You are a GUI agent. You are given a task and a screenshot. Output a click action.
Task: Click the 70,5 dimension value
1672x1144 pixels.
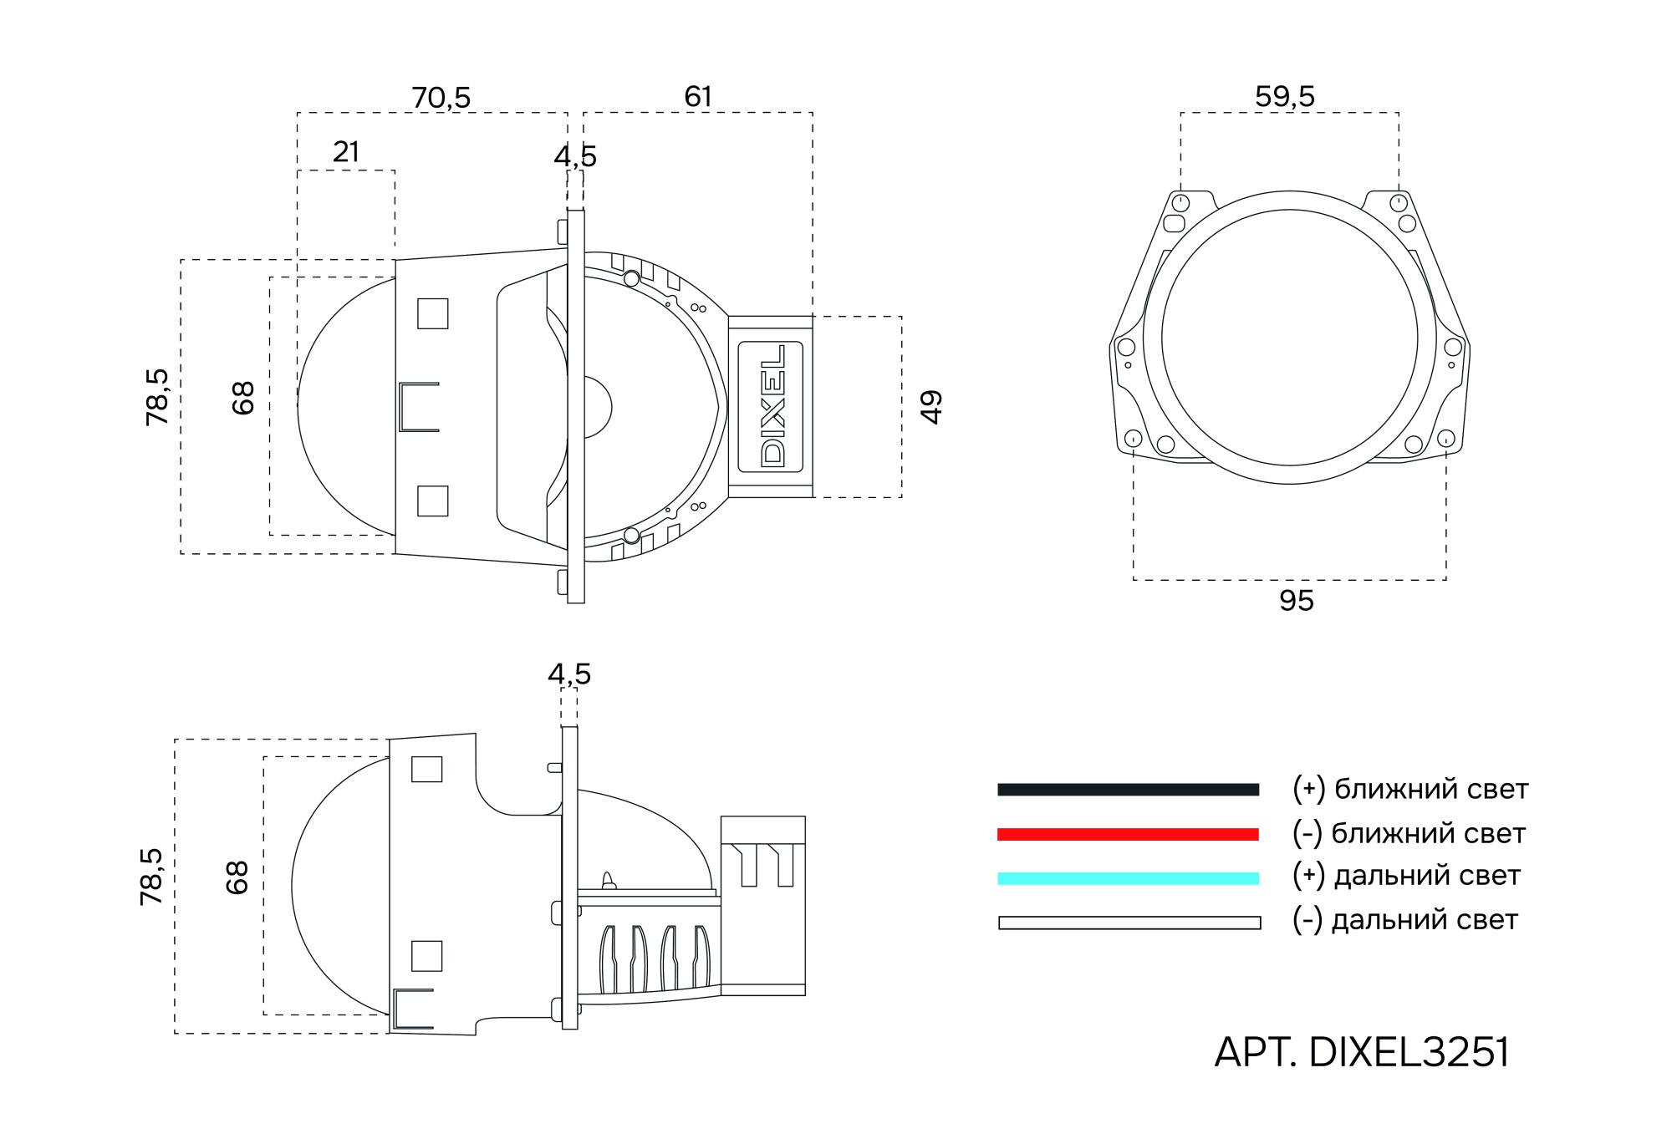pyautogui.click(x=441, y=98)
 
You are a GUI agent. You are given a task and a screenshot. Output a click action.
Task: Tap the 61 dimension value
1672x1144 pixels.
pyautogui.click(x=698, y=97)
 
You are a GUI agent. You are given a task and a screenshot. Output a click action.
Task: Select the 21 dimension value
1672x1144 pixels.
pyautogui.click(x=346, y=152)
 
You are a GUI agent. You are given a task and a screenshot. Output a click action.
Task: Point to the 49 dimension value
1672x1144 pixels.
pyautogui.click(x=930, y=407)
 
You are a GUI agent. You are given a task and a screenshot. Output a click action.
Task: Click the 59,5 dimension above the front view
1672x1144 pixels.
pyautogui.click(x=1285, y=97)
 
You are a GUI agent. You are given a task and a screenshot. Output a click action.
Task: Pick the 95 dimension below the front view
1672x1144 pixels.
pyautogui.click(x=1296, y=601)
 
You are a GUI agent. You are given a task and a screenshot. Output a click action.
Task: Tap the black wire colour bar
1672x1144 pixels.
pyautogui.click(x=1128, y=790)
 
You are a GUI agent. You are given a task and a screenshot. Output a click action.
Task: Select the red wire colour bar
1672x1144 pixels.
pyautogui.click(x=1128, y=834)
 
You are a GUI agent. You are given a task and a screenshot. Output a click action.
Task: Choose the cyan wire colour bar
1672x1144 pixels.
pyautogui.click(x=1128, y=878)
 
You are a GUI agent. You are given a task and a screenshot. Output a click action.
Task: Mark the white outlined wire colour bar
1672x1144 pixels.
pyautogui.click(x=1129, y=923)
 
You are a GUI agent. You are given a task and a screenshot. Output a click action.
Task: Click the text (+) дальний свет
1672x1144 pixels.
pyautogui.click(x=1406, y=876)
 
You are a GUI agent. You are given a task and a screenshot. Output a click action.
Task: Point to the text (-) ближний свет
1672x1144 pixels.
pyautogui.click(x=1409, y=833)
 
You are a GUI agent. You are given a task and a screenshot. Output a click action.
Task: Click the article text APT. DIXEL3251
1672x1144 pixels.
pyautogui.click(x=1362, y=1052)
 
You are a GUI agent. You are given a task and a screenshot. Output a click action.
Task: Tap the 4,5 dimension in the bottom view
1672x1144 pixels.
pyautogui.click(x=569, y=674)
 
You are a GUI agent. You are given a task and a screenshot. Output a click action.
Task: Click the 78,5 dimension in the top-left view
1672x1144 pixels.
pyautogui.click(x=157, y=397)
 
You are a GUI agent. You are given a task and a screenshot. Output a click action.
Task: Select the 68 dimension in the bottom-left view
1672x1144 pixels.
pyautogui.click(x=237, y=877)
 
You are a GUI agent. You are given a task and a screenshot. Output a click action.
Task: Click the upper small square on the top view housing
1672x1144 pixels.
pyautogui.click(x=432, y=313)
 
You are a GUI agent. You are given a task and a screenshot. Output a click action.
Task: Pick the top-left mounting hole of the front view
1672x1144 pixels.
pyautogui.click(x=1180, y=203)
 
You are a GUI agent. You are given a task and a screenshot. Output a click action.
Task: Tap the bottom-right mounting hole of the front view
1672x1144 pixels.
pyautogui.click(x=1445, y=438)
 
